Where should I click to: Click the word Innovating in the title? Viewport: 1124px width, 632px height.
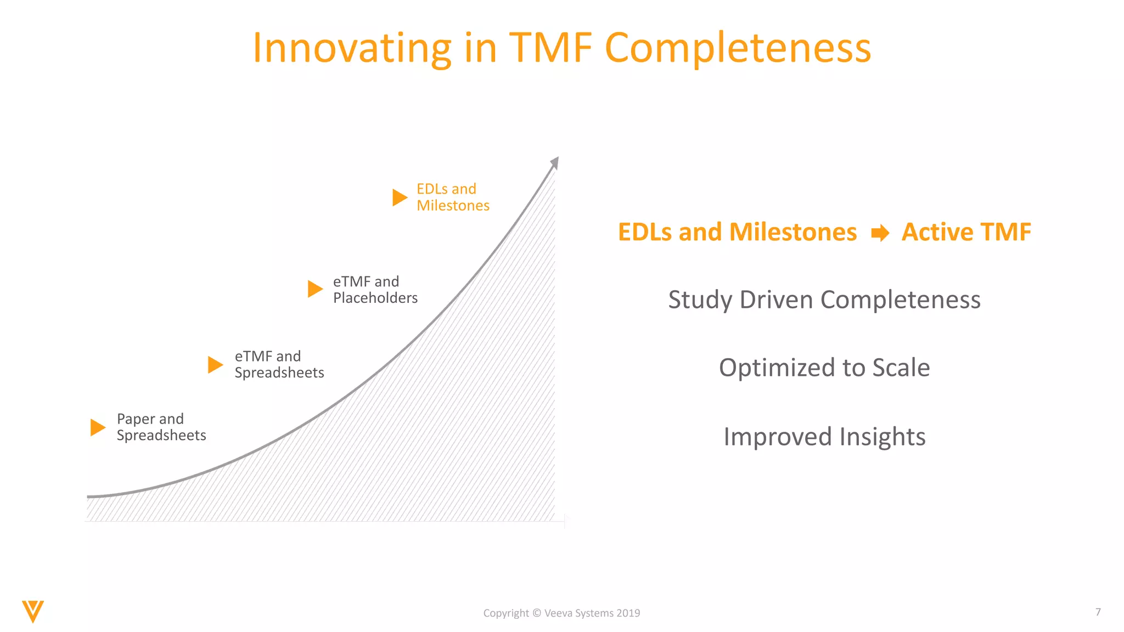point(351,48)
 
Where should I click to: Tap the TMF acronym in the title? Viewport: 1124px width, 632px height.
point(551,48)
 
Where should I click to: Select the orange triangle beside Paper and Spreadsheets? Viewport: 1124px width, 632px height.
point(97,427)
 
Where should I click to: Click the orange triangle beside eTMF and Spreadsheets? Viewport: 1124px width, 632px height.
point(215,364)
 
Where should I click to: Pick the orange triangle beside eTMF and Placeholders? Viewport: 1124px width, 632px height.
point(314,289)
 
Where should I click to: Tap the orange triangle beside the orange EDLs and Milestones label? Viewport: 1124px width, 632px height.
point(399,198)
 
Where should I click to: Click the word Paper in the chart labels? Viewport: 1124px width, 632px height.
point(136,419)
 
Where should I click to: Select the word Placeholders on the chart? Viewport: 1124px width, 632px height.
point(375,298)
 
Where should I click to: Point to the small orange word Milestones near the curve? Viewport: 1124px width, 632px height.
point(453,206)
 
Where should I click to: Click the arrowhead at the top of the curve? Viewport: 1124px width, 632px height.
point(555,162)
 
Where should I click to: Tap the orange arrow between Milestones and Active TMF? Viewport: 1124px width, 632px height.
point(880,233)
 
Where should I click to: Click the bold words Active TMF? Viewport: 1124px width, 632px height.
point(966,232)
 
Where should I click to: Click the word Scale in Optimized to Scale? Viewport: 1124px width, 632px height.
point(901,368)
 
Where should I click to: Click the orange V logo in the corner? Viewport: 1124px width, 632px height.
point(33,611)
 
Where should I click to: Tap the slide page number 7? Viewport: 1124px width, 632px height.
point(1098,612)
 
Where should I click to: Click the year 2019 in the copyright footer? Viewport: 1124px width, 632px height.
point(628,613)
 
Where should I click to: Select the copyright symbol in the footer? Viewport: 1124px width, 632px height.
point(536,613)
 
